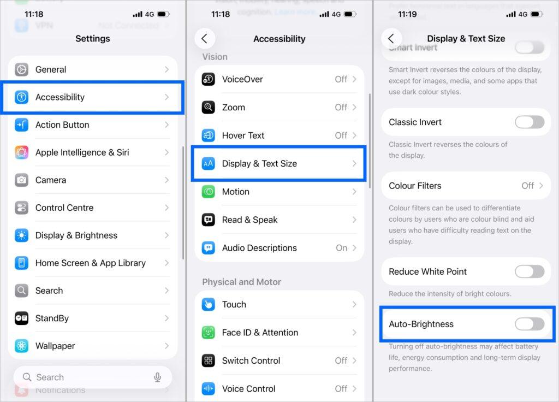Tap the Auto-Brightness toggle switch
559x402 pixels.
pyautogui.click(x=529, y=324)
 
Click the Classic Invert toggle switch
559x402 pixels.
pyautogui.click(x=529, y=122)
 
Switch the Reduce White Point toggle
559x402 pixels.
pyautogui.click(x=529, y=271)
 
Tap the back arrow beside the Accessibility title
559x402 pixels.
pyautogui.click(x=205, y=39)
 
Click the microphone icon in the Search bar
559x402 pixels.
pyautogui.click(x=157, y=377)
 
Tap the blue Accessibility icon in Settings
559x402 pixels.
pyautogui.click(x=22, y=97)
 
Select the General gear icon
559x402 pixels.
pyautogui.click(x=22, y=69)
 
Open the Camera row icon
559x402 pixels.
pyautogui.click(x=22, y=180)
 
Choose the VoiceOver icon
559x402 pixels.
pyautogui.click(x=209, y=79)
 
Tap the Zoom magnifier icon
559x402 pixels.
pyautogui.click(x=209, y=107)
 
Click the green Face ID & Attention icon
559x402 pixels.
pyautogui.click(x=209, y=332)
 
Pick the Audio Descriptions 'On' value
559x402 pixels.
pyautogui.click(x=341, y=247)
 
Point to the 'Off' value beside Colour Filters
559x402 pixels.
pyautogui.click(x=527, y=186)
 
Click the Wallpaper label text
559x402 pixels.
pyautogui.click(x=55, y=346)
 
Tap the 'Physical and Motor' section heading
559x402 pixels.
pyautogui.click(x=241, y=282)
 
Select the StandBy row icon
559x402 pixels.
pyautogui.click(x=22, y=318)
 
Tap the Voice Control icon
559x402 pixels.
pyautogui.click(x=209, y=388)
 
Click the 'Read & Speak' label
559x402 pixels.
pyautogui.click(x=249, y=220)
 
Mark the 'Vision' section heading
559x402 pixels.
pyautogui.click(x=215, y=57)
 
